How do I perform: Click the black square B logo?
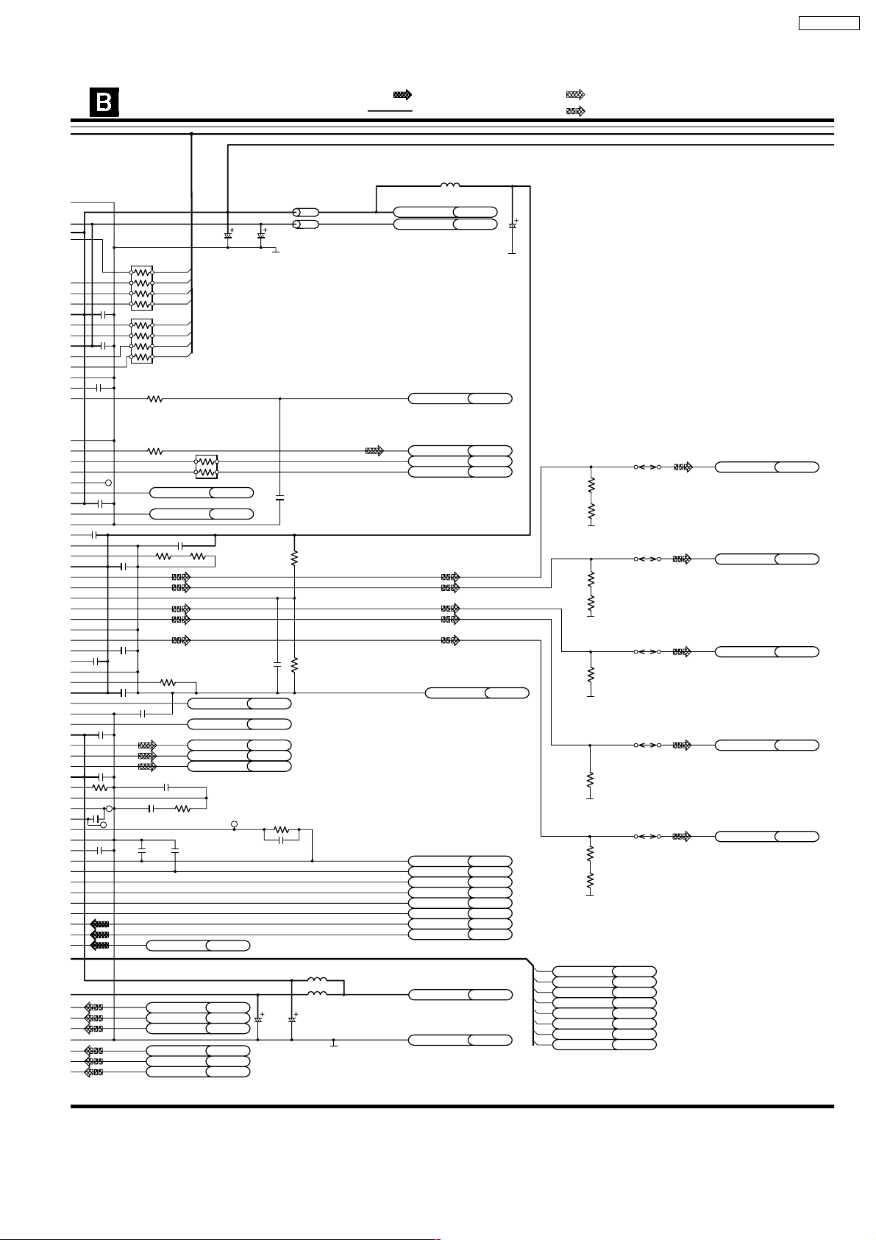[104, 102]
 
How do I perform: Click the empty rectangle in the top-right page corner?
[829, 23]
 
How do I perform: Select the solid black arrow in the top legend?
[402, 94]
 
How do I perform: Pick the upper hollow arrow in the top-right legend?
[575, 94]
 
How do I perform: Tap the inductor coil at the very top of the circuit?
[449, 185]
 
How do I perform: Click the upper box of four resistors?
[141, 288]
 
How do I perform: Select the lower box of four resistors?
[141, 341]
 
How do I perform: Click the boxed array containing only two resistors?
[207, 466]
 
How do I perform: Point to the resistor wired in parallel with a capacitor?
[282, 829]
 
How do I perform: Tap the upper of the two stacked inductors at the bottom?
[317, 979]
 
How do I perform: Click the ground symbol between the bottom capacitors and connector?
[333, 1042]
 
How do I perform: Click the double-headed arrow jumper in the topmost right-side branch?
[647, 467]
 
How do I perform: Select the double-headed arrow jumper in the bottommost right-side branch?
[647, 836]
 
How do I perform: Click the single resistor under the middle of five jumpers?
[590, 674]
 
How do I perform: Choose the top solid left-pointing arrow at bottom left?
[99, 924]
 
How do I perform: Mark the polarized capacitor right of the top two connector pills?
[513, 224]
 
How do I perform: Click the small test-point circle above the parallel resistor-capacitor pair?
[235, 823]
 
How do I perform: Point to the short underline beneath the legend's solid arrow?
[390, 110]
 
